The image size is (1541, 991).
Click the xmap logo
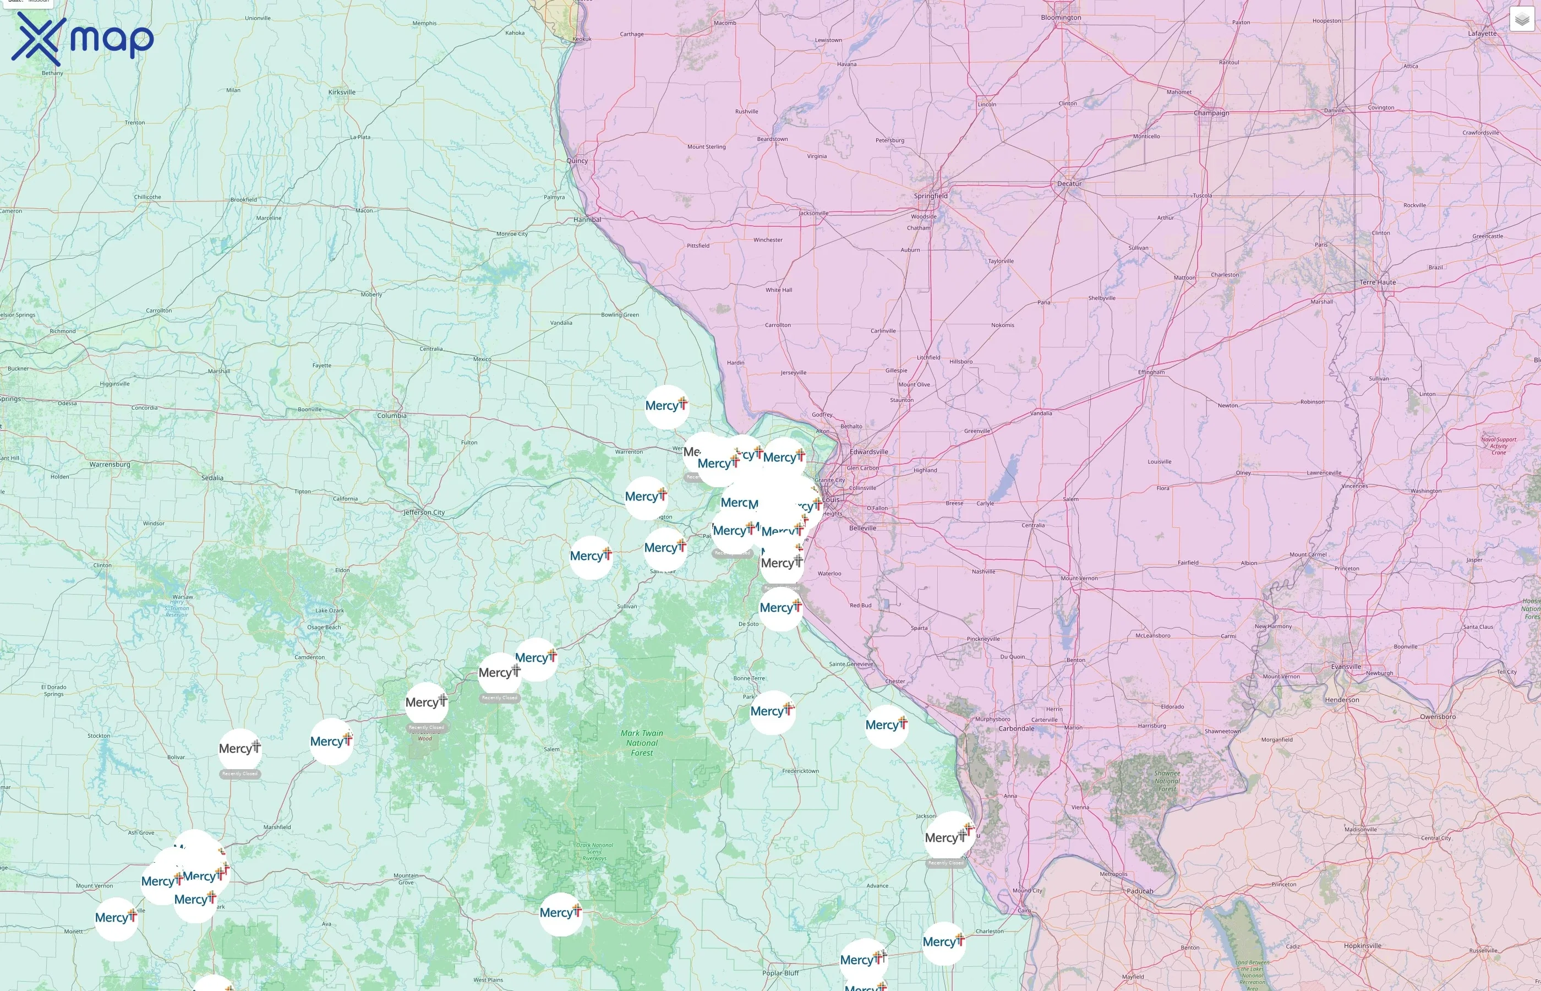click(x=83, y=39)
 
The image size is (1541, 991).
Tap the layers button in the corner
click(x=1522, y=19)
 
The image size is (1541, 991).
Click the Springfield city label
click(x=931, y=195)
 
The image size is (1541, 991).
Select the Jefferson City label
click(x=424, y=512)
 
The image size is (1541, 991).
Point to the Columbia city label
click(x=392, y=416)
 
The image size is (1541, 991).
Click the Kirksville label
click(x=342, y=92)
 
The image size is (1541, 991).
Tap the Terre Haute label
click(x=1378, y=282)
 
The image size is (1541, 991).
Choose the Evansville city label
click(x=1346, y=667)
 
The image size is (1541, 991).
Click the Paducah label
click(x=1140, y=891)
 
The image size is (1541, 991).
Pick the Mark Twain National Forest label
click(x=641, y=743)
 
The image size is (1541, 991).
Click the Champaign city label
click(x=1211, y=113)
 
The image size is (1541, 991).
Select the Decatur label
click(x=1069, y=183)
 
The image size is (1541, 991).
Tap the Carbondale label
click(x=1016, y=728)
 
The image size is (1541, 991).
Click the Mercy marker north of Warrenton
click(x=666, y=407)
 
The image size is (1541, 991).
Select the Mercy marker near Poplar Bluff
click(x=863, y=960)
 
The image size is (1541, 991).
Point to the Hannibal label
click(x=587, y=220)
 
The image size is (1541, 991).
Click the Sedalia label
click(x=212, y=477)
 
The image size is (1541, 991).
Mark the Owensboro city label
click(x=1438, y=716)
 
